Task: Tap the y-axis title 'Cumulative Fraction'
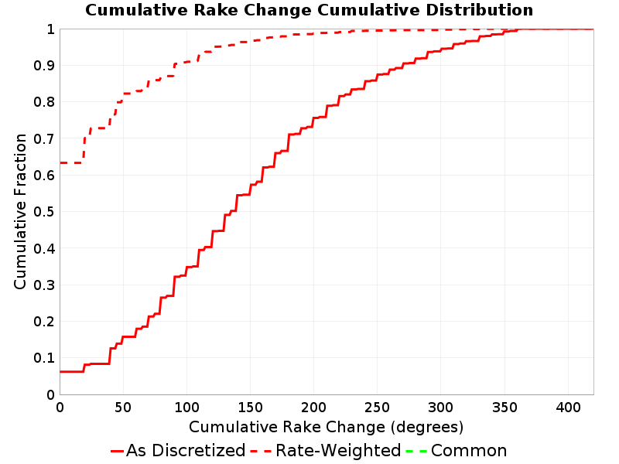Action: click(x=20, y=211)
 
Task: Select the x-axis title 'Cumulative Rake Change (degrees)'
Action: click(x=326, y=428)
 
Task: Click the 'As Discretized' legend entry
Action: click(x=178, y=451)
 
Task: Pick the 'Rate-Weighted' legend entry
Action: click(x=326, y=451)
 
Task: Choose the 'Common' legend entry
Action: click(x=457, y=451)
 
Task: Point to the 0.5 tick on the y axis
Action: click(x=44, y=212)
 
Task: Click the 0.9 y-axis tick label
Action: click(x=44, y=66)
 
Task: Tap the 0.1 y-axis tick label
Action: click(x=44, y=358)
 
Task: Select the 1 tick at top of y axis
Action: click(x=50, y=29)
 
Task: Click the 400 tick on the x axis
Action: click(x=568, y=408)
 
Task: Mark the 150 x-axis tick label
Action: click(x=250, y=408)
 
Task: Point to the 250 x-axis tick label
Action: click(x=378, y=408)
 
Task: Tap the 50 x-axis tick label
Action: click(x=123, y=408)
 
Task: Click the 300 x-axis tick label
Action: click(x=441, y=408)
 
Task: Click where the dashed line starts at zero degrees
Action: click(x=60, y=163)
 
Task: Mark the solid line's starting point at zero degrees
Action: click(x=60, y=372)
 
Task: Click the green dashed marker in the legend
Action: click(x=416, y=451)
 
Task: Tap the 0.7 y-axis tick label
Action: click(x=44, y=139)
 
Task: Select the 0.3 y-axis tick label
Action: click(x=44, y=285)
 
